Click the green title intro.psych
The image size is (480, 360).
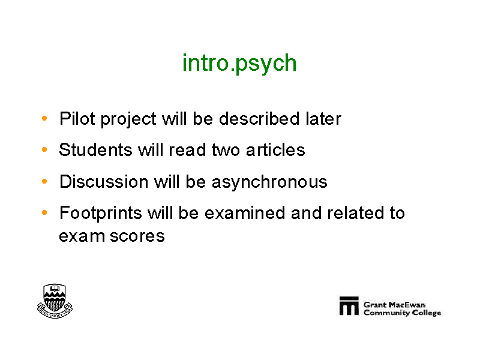[239, 64]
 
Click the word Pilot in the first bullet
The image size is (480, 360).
[77, 118]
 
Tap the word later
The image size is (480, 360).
[323, 118]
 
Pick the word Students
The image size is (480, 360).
[95, 149]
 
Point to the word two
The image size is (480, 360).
[226, 150]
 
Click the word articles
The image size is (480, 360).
[275, 149]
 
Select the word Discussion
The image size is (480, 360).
[104, 181]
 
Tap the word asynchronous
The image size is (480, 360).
[269, 182]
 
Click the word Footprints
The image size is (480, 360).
[101, 213]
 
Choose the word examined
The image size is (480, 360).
[245, 213]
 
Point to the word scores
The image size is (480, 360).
[137, 236]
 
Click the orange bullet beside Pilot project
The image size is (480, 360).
[44, 118]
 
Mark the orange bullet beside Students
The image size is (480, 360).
[44, 149]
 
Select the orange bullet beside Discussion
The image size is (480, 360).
[44, 181]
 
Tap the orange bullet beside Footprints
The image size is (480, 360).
[44, 212]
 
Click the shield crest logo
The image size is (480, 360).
[55, 301]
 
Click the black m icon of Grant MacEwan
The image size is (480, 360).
[349, 305]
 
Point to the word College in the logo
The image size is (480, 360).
[427, 313]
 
